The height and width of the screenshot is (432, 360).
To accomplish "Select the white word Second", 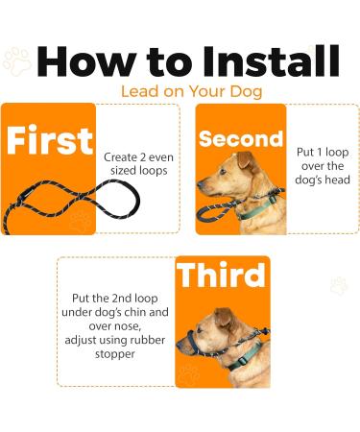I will coord(240,139).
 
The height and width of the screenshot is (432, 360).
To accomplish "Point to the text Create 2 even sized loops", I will coord(137,163).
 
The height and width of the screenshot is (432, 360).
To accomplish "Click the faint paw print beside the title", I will coord(16,62).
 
